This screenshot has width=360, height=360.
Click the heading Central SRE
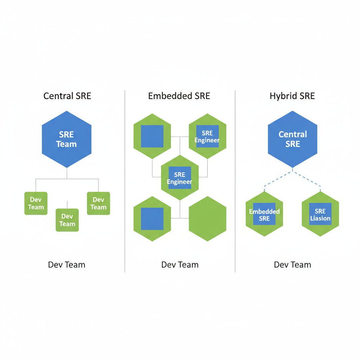(x=67, y=96)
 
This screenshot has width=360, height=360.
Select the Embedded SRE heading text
(x=179, y=96)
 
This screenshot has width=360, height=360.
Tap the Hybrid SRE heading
(x=292, y=96)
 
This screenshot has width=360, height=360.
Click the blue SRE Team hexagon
(x=66, y=139)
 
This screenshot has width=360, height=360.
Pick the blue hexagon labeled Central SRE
(x=292, y=139)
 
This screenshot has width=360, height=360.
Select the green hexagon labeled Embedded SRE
(x=264, y=214)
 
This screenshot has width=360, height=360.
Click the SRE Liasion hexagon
(x=320, y=214)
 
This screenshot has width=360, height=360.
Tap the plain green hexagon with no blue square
(x=207, y=219)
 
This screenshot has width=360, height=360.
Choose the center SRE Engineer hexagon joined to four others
(x=180, y=178)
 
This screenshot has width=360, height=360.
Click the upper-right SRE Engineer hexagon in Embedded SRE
(x=207, y=136)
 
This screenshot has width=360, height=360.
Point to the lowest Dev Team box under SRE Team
(x=67, y=220)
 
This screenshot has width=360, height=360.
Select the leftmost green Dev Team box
(x=36, y=203)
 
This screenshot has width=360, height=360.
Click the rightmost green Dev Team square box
(x=98, y=203)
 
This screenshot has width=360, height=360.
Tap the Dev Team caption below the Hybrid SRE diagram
(x=292, y=265)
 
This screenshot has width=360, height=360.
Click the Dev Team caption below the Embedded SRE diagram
(x=180, y=265)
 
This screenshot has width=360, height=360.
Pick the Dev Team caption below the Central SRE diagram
(x=66, y=265)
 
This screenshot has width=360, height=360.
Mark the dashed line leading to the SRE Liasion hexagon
(x=308, y=180)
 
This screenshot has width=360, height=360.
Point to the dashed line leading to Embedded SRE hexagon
(x=278, y=180)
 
